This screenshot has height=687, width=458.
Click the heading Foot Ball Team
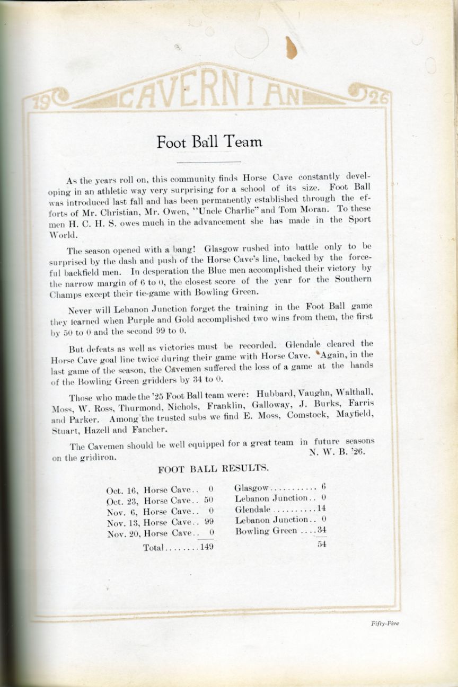[209, 141]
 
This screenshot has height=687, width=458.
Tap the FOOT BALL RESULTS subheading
[213, 468]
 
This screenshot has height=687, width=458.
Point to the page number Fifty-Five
[385, 623]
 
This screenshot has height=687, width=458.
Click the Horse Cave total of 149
[206, 547]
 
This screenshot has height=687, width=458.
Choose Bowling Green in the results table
[267, 531]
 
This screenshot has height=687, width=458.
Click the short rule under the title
[208, 162]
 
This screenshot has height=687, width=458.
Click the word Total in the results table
[154, 548]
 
